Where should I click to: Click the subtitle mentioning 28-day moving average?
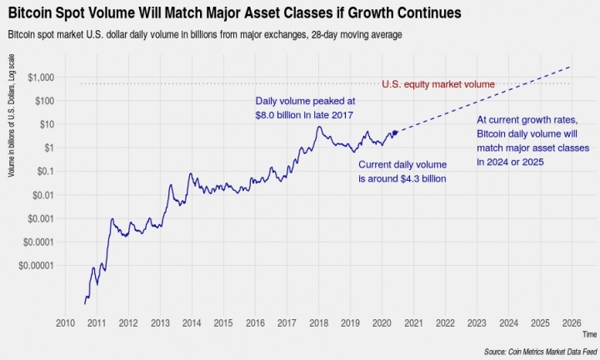pyautogui.click(x=205, y=35)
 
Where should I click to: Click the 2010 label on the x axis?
pyautogui.click(x=65, y=322)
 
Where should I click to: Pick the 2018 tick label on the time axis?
pyautogui.click(x=318, y=322)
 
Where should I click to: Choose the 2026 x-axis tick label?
pyautogui.click(x=572, y=322)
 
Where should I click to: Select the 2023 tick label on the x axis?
pyautogui.click(x=477, y=322)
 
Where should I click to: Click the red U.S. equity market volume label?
pyautogui.click(x=437, y=84)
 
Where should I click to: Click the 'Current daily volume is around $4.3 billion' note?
pyautogui.click(x=402, y=172)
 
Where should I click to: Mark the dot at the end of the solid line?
pyautogui.click(x=394, y=132)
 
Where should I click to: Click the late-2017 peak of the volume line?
pyautogui.click(x=318, y=127)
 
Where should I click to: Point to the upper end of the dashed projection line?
pyautogui.click(x=571, y=67)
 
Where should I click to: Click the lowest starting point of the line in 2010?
pyautogui.click(x=84, y=303)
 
